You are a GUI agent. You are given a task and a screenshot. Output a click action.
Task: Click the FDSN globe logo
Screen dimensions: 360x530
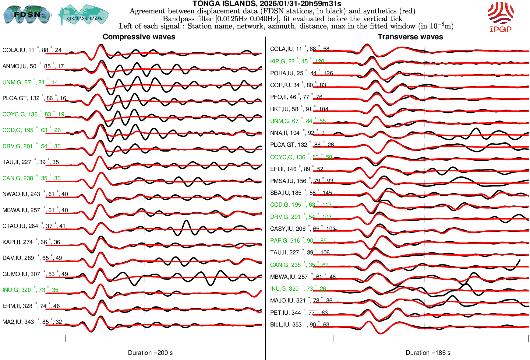(27, 14)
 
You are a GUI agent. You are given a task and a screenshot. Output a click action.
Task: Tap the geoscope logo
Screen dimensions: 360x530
(84, 15)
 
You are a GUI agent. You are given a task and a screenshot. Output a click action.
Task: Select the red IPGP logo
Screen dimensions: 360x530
(500, 17)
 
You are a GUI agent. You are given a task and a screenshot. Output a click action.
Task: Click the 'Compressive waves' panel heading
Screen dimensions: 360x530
(139, 37)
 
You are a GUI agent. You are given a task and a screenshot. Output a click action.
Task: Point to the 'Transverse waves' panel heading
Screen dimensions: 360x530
(410, 37)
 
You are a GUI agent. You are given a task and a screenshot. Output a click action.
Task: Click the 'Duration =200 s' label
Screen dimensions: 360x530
(150, 353)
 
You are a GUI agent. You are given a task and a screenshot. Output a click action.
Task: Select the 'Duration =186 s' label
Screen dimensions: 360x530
(428, 353)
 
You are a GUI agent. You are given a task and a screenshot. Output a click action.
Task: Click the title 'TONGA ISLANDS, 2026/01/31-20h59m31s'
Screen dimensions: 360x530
(267, 4)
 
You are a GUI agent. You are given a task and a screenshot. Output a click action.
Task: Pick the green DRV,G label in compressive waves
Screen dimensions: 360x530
(31, 146)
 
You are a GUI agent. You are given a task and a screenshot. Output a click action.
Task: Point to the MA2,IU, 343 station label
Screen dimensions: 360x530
(32, 322)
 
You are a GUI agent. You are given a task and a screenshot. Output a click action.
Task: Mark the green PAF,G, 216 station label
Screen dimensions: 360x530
(298, 241)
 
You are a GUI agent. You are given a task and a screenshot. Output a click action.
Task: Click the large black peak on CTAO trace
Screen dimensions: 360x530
(186, 221)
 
